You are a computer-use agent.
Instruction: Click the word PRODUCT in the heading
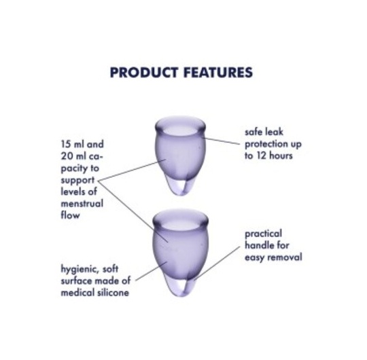pyautogui.click(x=143, y=72)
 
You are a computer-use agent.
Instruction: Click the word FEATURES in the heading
pyautogui.click(x=218, y=72)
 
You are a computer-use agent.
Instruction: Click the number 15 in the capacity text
pyautogui.click(x=66, y=144)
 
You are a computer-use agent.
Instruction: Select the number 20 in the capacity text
pyautogui.click(x=67, y=156)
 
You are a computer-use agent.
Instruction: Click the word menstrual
pyautogui.click(x=82, y=204)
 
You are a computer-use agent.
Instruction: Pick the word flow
pyautogui.click(x=70, y=215)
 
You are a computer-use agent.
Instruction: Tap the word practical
pyautogui.click(x=264, y=234)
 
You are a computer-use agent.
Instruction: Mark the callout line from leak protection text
pyautogui.click(x=222, y=141)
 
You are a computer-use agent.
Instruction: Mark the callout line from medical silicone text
pyautogui.click(x=152, y=271)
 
